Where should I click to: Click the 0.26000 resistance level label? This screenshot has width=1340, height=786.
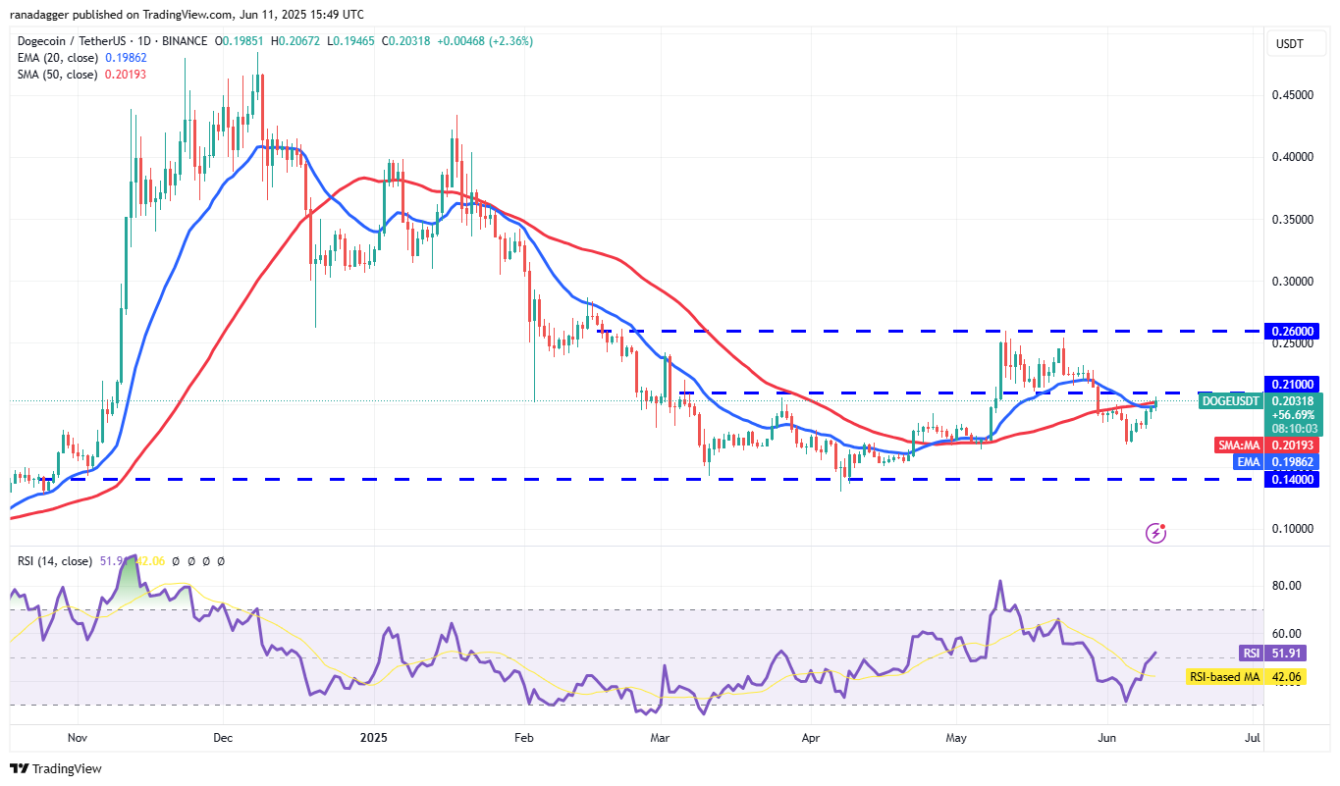coord(1293,332)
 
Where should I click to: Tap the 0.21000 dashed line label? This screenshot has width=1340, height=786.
coord(1293,384)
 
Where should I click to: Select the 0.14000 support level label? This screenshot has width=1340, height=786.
coord(1293,479)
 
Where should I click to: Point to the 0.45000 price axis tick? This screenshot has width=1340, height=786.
coord(1293,95)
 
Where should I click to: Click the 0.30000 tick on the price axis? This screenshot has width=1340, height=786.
coord(1293,281)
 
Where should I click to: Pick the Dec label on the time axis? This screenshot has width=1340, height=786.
coord(222,736)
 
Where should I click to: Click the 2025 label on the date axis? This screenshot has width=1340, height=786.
coord(374,736)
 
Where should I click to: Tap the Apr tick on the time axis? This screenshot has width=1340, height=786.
coord(811,736)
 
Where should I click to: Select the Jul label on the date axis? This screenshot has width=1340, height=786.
coord(1252,736)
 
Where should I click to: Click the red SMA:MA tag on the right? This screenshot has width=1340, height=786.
coord(1240,445)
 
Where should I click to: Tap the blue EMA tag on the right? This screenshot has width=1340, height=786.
coord(1248,462)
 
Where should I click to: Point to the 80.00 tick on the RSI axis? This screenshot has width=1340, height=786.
coord(1287,586)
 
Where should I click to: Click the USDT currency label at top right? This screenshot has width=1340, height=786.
coord(1288,44)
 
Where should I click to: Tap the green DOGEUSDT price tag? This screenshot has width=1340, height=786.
coord(1231,400)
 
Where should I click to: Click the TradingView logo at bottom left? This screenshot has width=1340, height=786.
coord(55,768)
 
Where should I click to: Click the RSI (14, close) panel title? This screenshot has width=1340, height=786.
coord(55,561)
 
